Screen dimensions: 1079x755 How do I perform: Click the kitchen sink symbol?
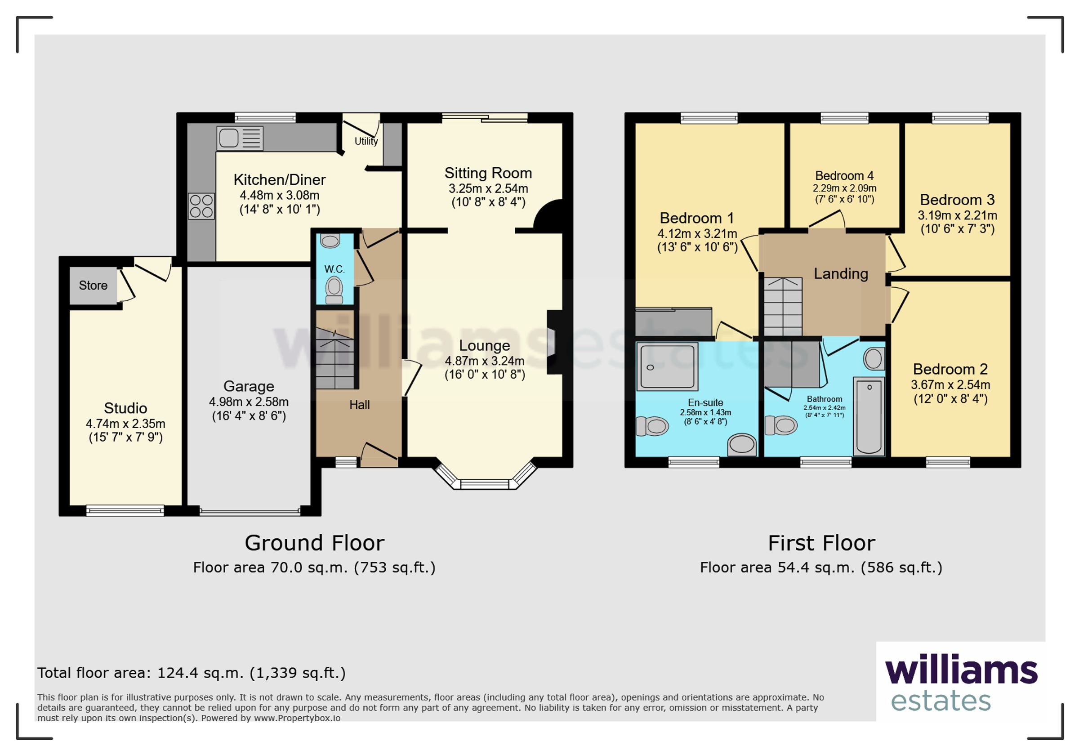point(240,138)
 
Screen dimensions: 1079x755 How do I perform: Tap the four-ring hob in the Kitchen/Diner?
point(201,206)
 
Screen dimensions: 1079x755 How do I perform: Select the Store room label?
point(93,286)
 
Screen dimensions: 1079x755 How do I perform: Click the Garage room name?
point(249,386)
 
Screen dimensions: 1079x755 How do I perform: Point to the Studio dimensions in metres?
point(125,424)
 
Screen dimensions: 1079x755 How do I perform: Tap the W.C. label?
point(334,269)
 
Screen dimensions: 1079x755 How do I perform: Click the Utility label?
point(366,141)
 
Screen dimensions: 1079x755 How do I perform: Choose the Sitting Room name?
point(488,174)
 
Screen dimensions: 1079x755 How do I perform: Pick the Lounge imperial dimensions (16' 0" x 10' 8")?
point(485,375)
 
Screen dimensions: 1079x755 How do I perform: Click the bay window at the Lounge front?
point(485,475)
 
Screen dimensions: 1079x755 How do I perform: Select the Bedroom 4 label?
point(844,176)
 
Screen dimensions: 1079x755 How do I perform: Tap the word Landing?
point(841,273)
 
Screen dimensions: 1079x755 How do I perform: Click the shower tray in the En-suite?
point(667,367)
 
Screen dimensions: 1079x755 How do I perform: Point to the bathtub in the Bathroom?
point(869,416)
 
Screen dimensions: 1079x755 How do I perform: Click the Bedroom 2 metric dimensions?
point(951,385)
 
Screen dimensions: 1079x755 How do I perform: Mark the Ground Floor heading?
point(314,544)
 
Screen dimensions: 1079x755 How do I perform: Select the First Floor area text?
point(821,568)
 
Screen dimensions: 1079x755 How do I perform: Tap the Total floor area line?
point(192,673)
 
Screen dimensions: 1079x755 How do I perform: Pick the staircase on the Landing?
point(783,307)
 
